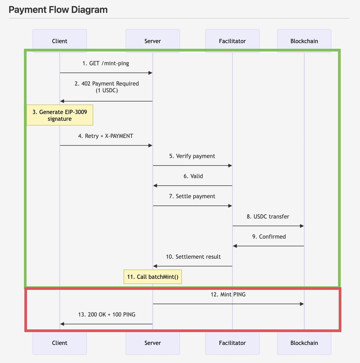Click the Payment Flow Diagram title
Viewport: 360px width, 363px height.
pyautogui.click(x=58, y=10)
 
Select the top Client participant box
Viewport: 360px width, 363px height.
pyautogui.click(x=60, y=41)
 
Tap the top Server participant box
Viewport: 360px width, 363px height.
pyautogui.click(x=153, y=41)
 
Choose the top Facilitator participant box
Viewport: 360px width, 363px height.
pyautogui.click(x=232, y=41)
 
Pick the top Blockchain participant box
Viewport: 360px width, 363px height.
pyautogui.click(x=304, y=41)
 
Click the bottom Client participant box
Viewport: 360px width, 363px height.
pyautogui.click(x=60, y=343)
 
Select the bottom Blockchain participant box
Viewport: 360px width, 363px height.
pyautogui.click(x=304, y=343)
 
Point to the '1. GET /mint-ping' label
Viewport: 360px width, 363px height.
pyautogui.click(x=106, y=63)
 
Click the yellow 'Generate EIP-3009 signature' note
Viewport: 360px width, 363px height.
pyautogui.click(x=60, y=115)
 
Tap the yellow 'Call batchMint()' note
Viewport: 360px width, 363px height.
pyautogui.click(x=153, y=277)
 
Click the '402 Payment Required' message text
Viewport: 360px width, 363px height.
pyautogui.click(x=107, y=84)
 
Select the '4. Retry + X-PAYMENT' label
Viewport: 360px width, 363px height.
pyautogui.click(x=106, y=136)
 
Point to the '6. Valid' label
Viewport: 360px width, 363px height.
pyautogui.click(x=193, y=176)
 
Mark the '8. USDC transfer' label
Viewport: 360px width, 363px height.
pyautogui.click(x=268, y=217)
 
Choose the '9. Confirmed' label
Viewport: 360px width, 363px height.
pyautogui.click(x=269, y=237)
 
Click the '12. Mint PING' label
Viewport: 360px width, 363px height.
pyautogui.click(x=228, y=294)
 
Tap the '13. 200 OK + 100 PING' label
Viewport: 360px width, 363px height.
pyautogui.click(x=107, y=315)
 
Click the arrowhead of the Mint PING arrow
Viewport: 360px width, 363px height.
pyautogui.click(x=302, y=304)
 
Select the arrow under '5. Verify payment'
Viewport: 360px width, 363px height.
pyautogui.click(x=193, y=165)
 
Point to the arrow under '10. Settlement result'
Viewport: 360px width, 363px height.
pyautogui.click(x=193, y=266)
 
